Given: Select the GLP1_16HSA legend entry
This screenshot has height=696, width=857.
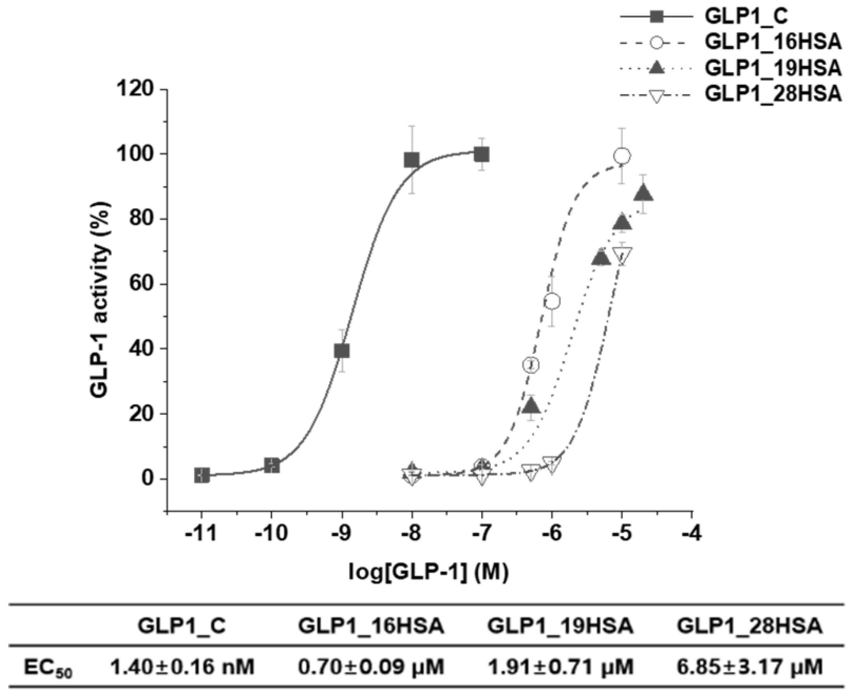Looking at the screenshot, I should coord(773,43).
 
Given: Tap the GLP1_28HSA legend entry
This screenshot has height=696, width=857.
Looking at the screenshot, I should coord(773,95).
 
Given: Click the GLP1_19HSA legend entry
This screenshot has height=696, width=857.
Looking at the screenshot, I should coord(773,69).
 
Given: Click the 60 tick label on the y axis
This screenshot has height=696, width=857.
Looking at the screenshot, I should coord(141,284).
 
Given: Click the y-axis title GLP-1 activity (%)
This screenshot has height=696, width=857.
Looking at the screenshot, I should coord(99,301).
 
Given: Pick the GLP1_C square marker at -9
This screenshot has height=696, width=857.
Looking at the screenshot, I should coord(342,351).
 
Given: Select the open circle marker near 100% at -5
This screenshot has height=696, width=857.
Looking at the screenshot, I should coord(622,156).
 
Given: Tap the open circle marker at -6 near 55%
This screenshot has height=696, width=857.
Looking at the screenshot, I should coord(552,301).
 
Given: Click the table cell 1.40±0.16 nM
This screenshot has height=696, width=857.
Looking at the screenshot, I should coord(182,667).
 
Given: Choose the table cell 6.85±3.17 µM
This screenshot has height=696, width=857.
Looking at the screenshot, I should coord(750,667).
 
